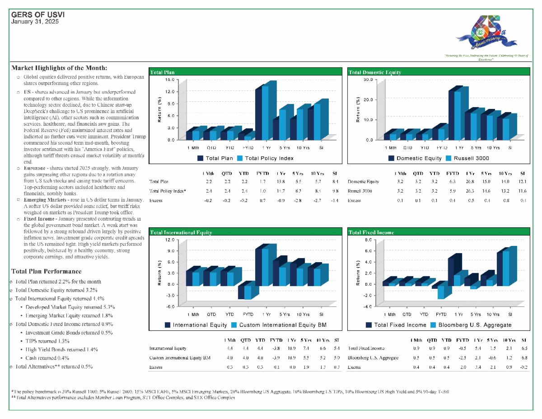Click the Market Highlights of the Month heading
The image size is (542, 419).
tap(59, 68)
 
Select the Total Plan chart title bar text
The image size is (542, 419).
tap(162, 72)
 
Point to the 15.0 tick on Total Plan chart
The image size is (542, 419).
tap(170, 80)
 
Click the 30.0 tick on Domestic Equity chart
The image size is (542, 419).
tap(368, 80)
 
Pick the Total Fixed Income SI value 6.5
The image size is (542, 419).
tap(524, 348)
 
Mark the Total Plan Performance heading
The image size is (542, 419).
tap(47, 271)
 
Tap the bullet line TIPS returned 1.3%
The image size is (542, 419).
tap(47, 341)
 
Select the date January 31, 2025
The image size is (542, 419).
tap(35, 21)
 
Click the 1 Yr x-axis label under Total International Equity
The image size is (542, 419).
tap(266, 315)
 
